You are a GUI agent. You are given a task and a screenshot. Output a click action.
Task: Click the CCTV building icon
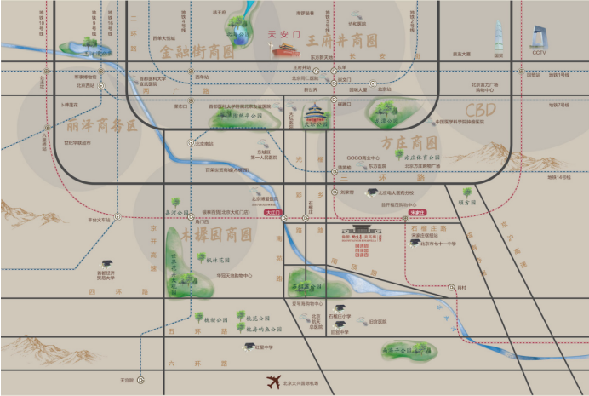[x=538, y=38]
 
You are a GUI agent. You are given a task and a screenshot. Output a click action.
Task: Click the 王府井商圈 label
[x=342, y=41]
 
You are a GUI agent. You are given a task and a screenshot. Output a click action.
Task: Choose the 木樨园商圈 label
[x=216, y=233]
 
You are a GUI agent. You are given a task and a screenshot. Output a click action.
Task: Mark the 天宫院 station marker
[x=141, y=380]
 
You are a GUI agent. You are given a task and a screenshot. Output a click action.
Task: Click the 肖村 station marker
[x=452, y=288]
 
